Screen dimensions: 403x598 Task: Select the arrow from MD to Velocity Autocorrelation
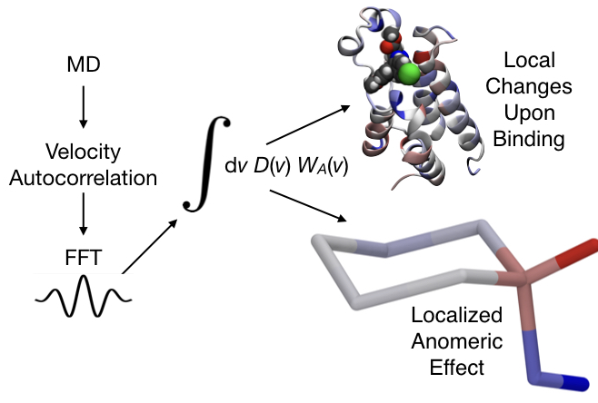(83, 108)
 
